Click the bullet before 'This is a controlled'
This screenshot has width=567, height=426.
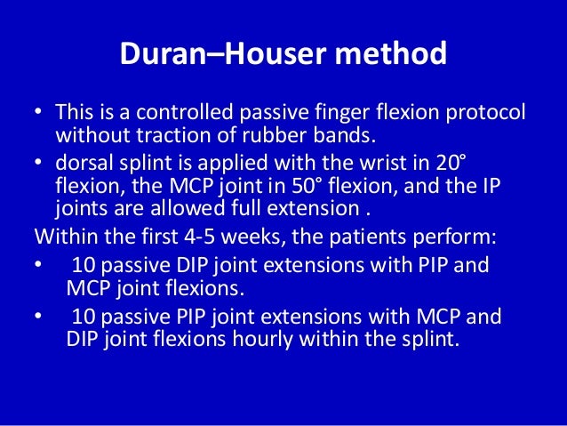pos(38,115)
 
